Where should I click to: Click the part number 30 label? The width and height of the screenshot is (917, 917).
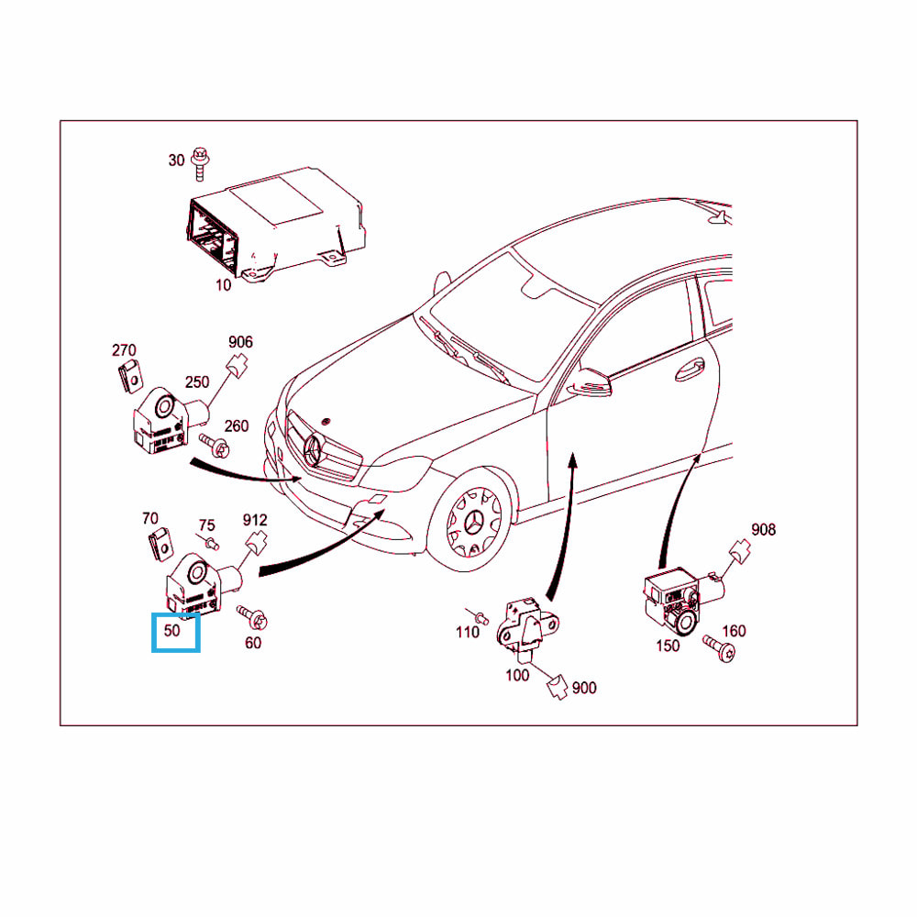(x=176, y=160)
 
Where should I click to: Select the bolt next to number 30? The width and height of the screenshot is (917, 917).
(x=200, y=163)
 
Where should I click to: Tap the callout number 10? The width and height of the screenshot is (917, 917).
(x=224, y=285)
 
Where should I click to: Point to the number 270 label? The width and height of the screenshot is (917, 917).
(x=124, y=350)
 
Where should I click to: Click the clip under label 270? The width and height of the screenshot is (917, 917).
(x=130, y=377)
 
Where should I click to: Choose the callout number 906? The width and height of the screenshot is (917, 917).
(x=240, y=342)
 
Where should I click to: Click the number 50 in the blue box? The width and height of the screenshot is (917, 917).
(x=172, y=631)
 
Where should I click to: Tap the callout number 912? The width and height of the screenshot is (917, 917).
(x=255, y=520)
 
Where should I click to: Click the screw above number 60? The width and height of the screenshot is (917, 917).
(x=253, y=617)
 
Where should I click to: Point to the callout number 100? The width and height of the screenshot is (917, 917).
(x=517, y=676)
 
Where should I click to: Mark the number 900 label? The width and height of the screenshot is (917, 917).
(x=584, y=688)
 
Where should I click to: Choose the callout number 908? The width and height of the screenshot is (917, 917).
(x=763, y=530)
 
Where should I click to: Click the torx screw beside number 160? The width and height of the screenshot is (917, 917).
(x=720, y=649)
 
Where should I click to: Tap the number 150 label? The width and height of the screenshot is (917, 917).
(x=668, y=646)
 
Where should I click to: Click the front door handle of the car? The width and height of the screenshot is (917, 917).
(x=690, y=370)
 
